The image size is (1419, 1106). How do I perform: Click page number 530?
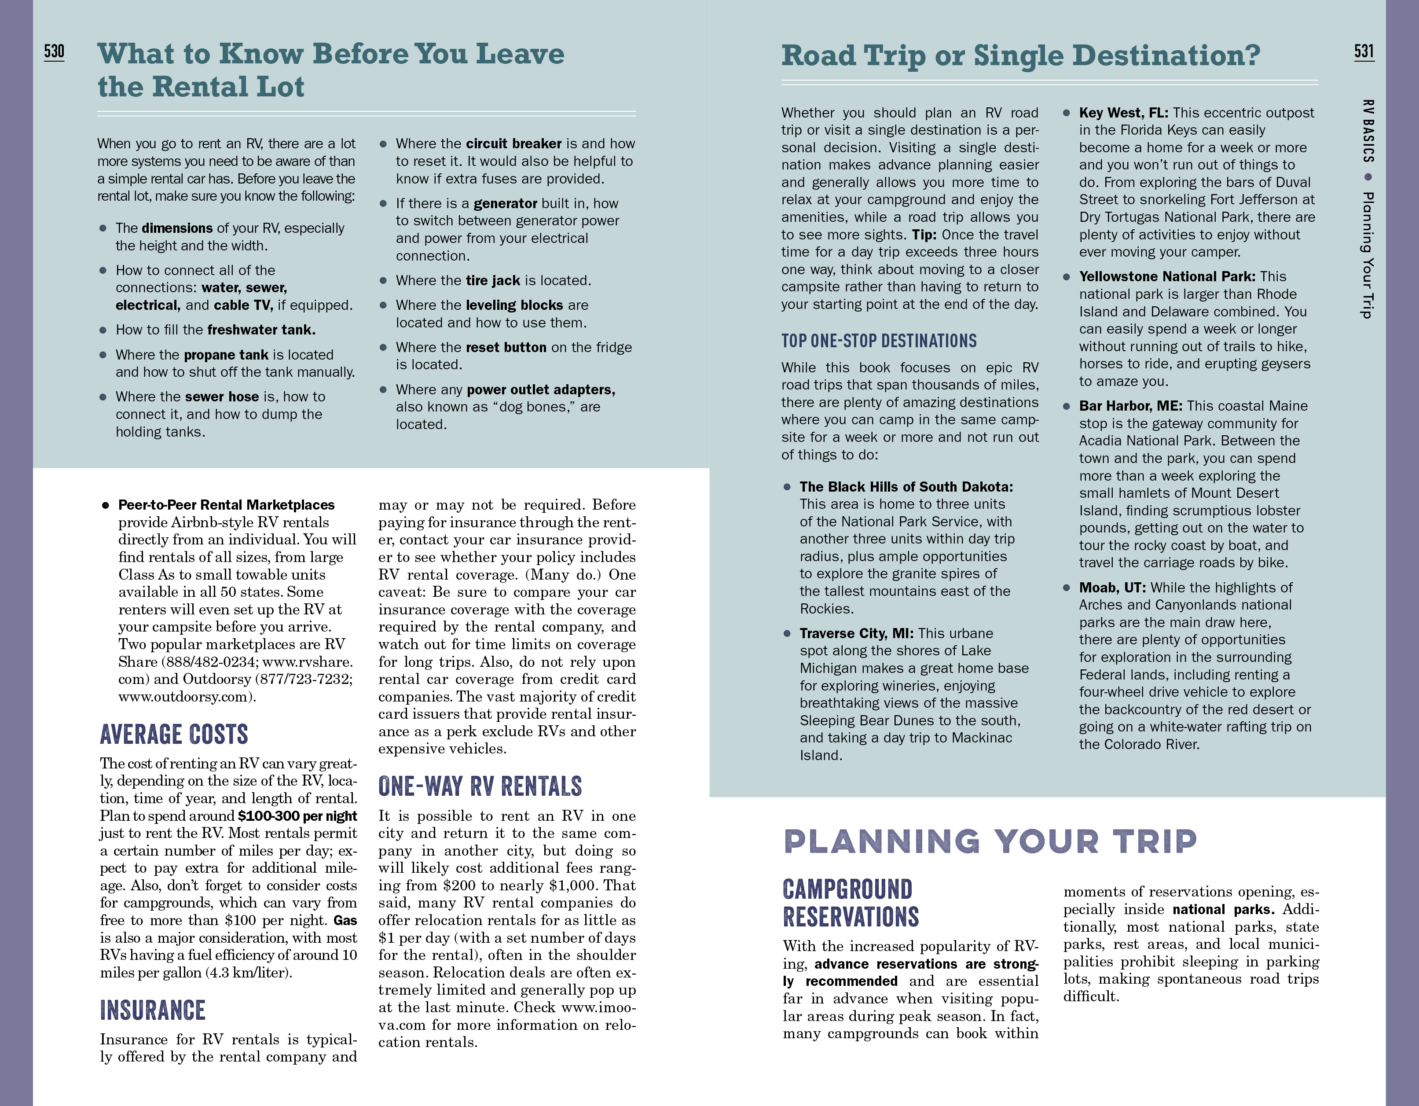point(54,51)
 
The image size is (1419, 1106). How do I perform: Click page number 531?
point(1364,51)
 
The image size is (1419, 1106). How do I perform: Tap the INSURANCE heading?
point(153,1010)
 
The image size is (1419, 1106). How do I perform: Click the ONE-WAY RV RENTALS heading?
point(480,786)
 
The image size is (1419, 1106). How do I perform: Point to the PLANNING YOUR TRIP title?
point(990,841)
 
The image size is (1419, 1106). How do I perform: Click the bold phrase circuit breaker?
point(513,143)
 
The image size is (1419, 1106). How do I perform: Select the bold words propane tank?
point(226,355)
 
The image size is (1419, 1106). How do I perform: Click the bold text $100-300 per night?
point(297,816)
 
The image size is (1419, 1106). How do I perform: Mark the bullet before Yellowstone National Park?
point(1066,277)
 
